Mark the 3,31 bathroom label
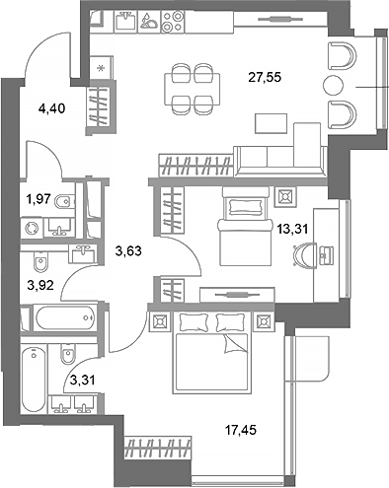82,378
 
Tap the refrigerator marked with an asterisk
102,68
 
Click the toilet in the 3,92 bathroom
42,264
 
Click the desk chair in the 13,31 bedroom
303,254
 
